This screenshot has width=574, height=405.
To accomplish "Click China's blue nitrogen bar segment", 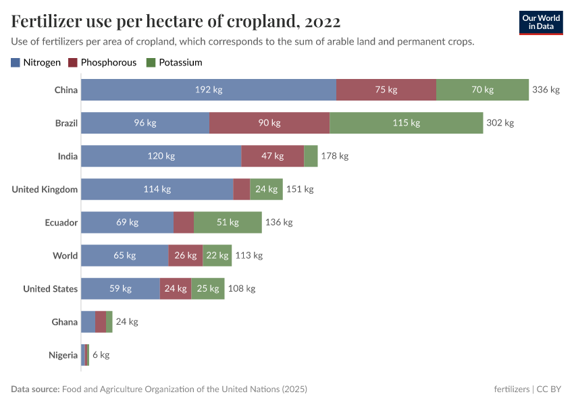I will pyautogui.click(x=208, y=90).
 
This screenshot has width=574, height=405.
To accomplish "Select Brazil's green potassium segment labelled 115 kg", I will pyautogui.click(x=406, y=123).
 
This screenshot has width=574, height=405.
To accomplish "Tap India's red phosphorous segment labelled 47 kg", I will pyautogui.click(x=272, y=156).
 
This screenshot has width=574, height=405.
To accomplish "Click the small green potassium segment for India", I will pyautogui.click(x=311, y=156).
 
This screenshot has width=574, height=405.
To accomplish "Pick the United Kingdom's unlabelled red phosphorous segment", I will pyautogui.click(x=241, y=189).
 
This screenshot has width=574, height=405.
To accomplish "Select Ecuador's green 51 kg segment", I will pyautogui.click(x=228, y=222).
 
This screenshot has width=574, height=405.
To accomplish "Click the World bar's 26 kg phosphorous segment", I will pyautogui.click(x=185, y=255).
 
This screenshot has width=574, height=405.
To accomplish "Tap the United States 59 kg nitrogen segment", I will pyautogui.click(x=120, y=288).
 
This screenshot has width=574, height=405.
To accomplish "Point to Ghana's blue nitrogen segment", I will pyautogui.click(x=88, y=322).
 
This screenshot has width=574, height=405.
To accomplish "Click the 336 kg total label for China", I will pyautogui.click(x=546, y=90).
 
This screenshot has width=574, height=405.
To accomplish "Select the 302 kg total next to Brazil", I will pyautogui.click(x=500, y=123).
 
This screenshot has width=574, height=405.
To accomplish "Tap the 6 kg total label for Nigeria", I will pyautogui.click(x=101, y=355).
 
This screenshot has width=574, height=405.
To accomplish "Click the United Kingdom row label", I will pyautogui.click(x=45, y=189).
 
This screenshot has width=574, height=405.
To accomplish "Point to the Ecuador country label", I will pyautogui.click(x=61, y=222).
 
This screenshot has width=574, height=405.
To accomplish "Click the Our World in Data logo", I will pyautogui.click(x=541, y=22).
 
